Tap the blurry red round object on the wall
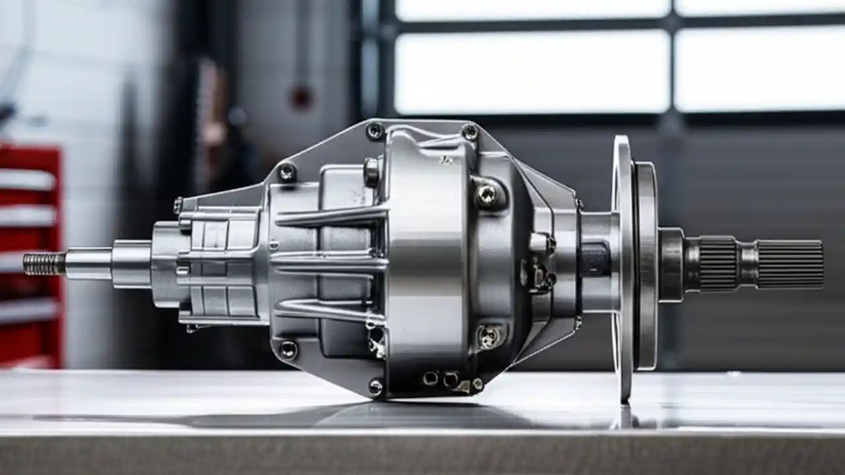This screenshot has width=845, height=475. tap(301, 98)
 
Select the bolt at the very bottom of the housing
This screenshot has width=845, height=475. tap(376, 386)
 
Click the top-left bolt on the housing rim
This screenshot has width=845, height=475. tap(375, 131)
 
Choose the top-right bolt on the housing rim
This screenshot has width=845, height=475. tap(469, 131)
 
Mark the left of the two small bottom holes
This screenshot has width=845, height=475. tap(430, 378)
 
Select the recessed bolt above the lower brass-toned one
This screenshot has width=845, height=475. tap(487, 193)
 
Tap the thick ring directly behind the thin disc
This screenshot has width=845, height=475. tap(646, 264)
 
